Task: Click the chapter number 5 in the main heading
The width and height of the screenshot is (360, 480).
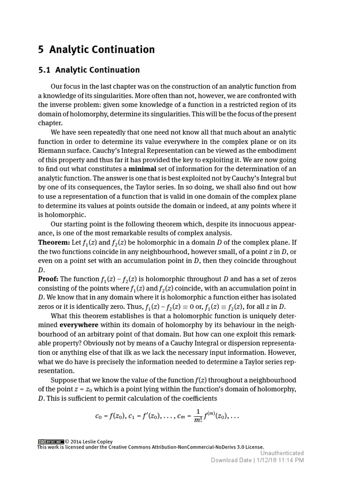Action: [x=41, y=50]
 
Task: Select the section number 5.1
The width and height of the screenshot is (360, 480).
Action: [x=44, y=70]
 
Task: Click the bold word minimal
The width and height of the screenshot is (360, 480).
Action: [x=142, y=169]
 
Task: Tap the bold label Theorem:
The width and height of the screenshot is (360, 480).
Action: [x=54, y=242]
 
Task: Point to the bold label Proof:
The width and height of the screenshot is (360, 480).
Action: [x=48, y=279]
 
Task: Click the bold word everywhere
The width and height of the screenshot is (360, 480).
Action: [x=79, y=325]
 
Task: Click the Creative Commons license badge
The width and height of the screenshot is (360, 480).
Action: [x=51, y=442]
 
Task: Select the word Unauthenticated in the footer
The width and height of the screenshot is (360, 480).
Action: [x=282, y=453]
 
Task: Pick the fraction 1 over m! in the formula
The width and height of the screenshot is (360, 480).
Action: [x=197, y=416]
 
